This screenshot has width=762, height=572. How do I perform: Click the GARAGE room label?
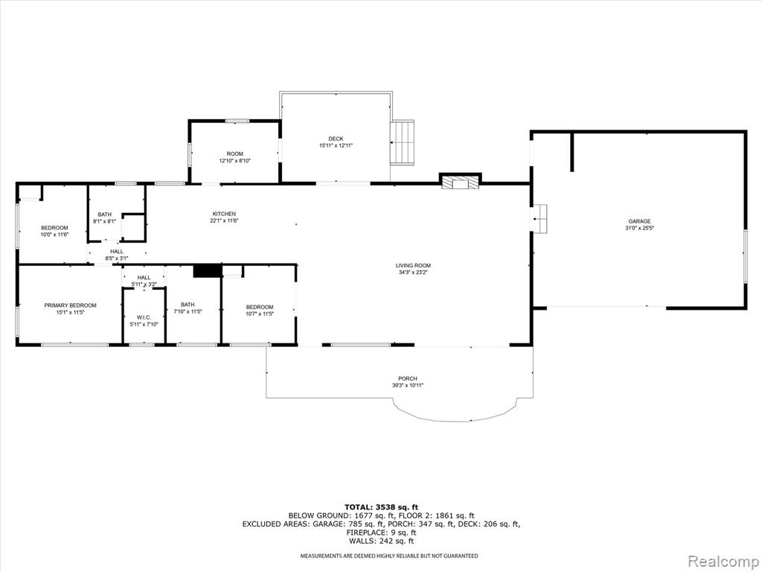(x=639, y=221)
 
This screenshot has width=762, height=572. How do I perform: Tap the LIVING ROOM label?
(x=413, y=266)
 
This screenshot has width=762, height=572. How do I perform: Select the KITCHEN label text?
(x=224, y=214)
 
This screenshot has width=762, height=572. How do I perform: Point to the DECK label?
(x=336, y=139)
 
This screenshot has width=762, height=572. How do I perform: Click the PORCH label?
(x=408, y=379)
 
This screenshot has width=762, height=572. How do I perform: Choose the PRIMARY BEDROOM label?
(x=71, y=305)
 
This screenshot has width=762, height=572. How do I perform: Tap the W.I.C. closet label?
(x=144, y=317)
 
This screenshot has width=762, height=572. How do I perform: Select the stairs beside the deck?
(x=403, y=142)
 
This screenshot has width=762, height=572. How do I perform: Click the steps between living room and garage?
(x=540, y=219)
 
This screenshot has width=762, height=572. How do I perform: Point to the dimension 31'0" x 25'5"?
(x=639, y=228)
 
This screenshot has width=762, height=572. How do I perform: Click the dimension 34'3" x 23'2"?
(x=413, y=273)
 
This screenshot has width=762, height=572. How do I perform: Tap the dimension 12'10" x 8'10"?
(x=234, y=161)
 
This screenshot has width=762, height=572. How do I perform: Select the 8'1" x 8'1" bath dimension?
(x=104, y=221)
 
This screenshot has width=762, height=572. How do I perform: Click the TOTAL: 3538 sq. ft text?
(x=381, y=506)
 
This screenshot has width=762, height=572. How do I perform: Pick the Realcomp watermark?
(x=723, y=561)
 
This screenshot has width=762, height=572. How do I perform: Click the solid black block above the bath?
(x=208, y=271)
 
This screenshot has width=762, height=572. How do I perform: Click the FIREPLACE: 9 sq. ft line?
(x=381, y=533)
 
